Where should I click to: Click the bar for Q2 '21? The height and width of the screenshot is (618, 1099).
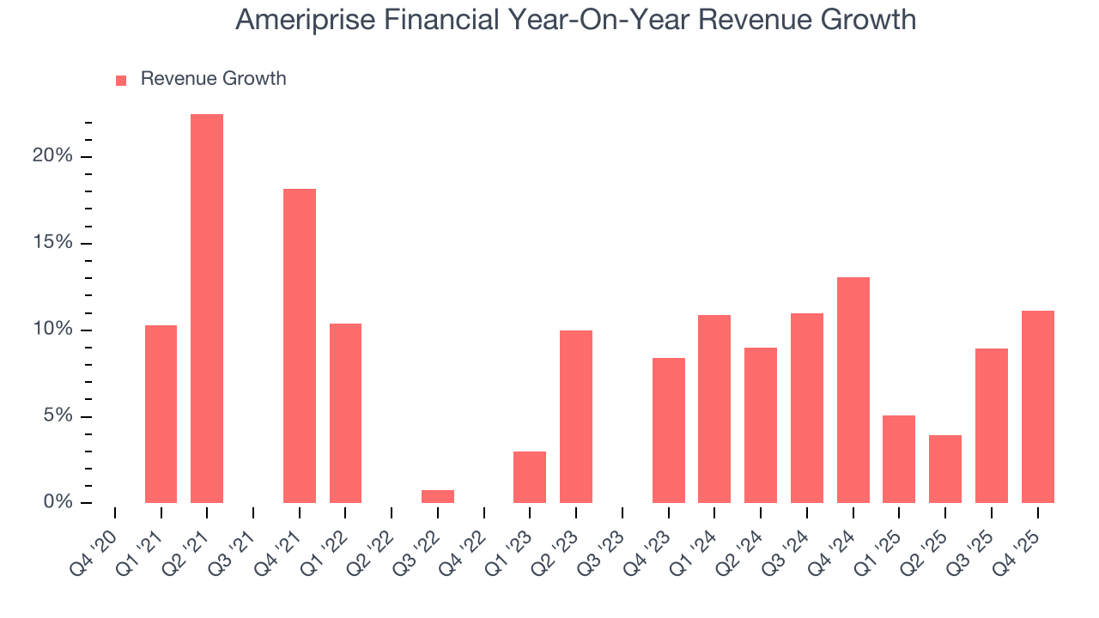(207, 308)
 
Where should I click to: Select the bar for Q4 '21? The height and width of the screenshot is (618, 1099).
(300, 345)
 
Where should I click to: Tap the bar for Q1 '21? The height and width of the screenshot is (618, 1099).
(161, 414)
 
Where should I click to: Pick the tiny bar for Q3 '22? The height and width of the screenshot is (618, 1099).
(438, 496)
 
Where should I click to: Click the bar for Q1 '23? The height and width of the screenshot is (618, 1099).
(530, 476)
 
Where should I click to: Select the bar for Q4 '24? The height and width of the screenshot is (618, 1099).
(853, 390)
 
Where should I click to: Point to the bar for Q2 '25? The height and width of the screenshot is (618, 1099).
(945, 469)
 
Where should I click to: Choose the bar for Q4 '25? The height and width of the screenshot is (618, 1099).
(1037, 406)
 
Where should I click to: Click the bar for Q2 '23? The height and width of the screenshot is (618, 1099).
(576, 416)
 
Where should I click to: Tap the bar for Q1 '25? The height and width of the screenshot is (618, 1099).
(899, 459)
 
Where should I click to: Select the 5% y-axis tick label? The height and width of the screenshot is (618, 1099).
(58, 416)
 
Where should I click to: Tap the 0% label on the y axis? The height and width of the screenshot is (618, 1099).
(58, 502)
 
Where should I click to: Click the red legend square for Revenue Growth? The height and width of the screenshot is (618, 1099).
(121, 80)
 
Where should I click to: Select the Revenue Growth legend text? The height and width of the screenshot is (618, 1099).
(213, 79)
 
